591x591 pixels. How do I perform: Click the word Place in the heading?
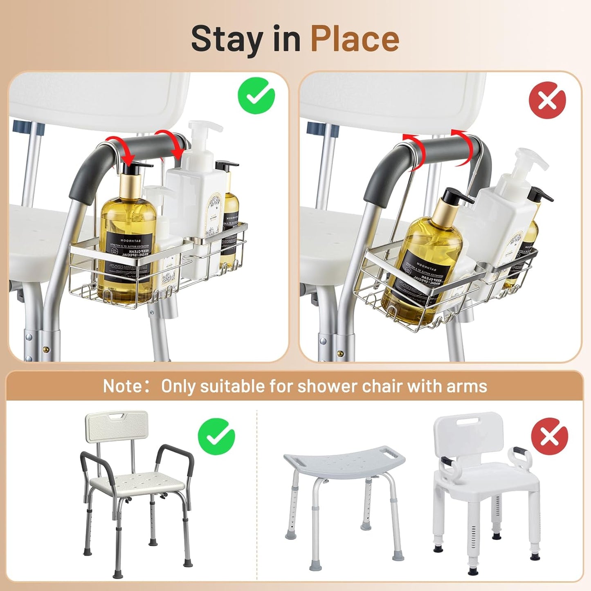pos(355,39)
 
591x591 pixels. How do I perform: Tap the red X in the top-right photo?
pos(547,100)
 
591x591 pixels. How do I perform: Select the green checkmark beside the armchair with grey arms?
pos(216,437)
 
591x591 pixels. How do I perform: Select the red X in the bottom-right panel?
pos(549,437)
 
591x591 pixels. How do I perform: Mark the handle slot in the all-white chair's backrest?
pos(469,420)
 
